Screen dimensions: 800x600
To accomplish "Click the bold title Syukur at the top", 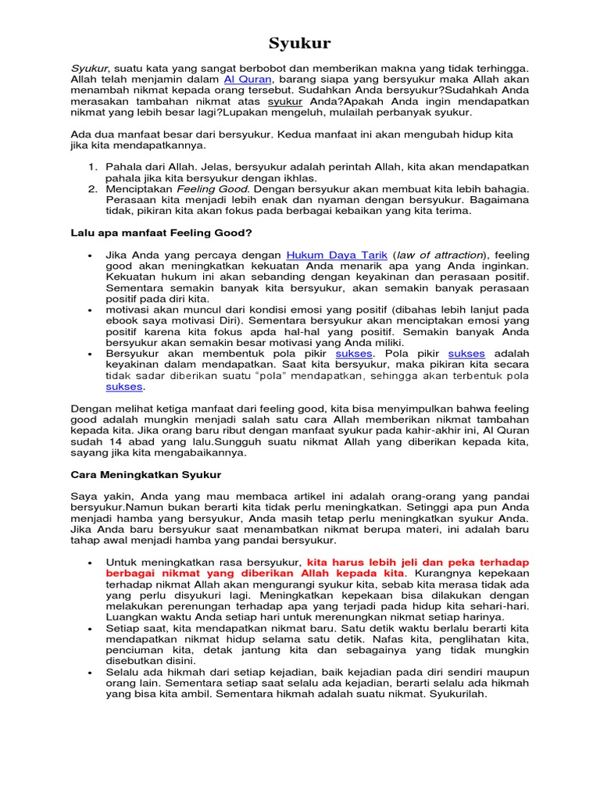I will pos(300,43).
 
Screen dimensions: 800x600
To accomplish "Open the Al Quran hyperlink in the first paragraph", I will pos(248,79).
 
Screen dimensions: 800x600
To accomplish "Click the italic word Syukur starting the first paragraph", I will pos(89,68).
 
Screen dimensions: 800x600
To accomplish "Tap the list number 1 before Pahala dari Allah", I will pos(91,167).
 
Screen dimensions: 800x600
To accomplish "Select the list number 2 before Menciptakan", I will pos(91,189).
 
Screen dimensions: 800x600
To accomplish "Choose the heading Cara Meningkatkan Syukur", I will pos(146,474).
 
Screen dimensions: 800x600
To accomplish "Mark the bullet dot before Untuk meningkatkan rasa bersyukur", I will pos(91,562).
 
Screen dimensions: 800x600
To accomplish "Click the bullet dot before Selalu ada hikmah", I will pos(91,672).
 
